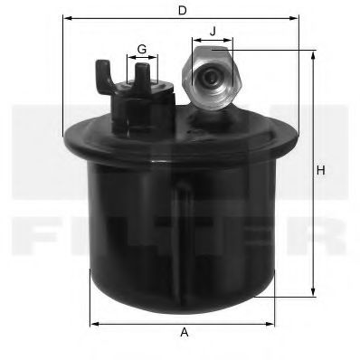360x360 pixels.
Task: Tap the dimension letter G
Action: point(142,47)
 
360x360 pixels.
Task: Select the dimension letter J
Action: point(213,32)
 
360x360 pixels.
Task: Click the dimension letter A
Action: point(185,333)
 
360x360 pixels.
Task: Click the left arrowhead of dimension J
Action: point(194,41)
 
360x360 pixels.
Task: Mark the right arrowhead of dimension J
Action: point(232,41)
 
